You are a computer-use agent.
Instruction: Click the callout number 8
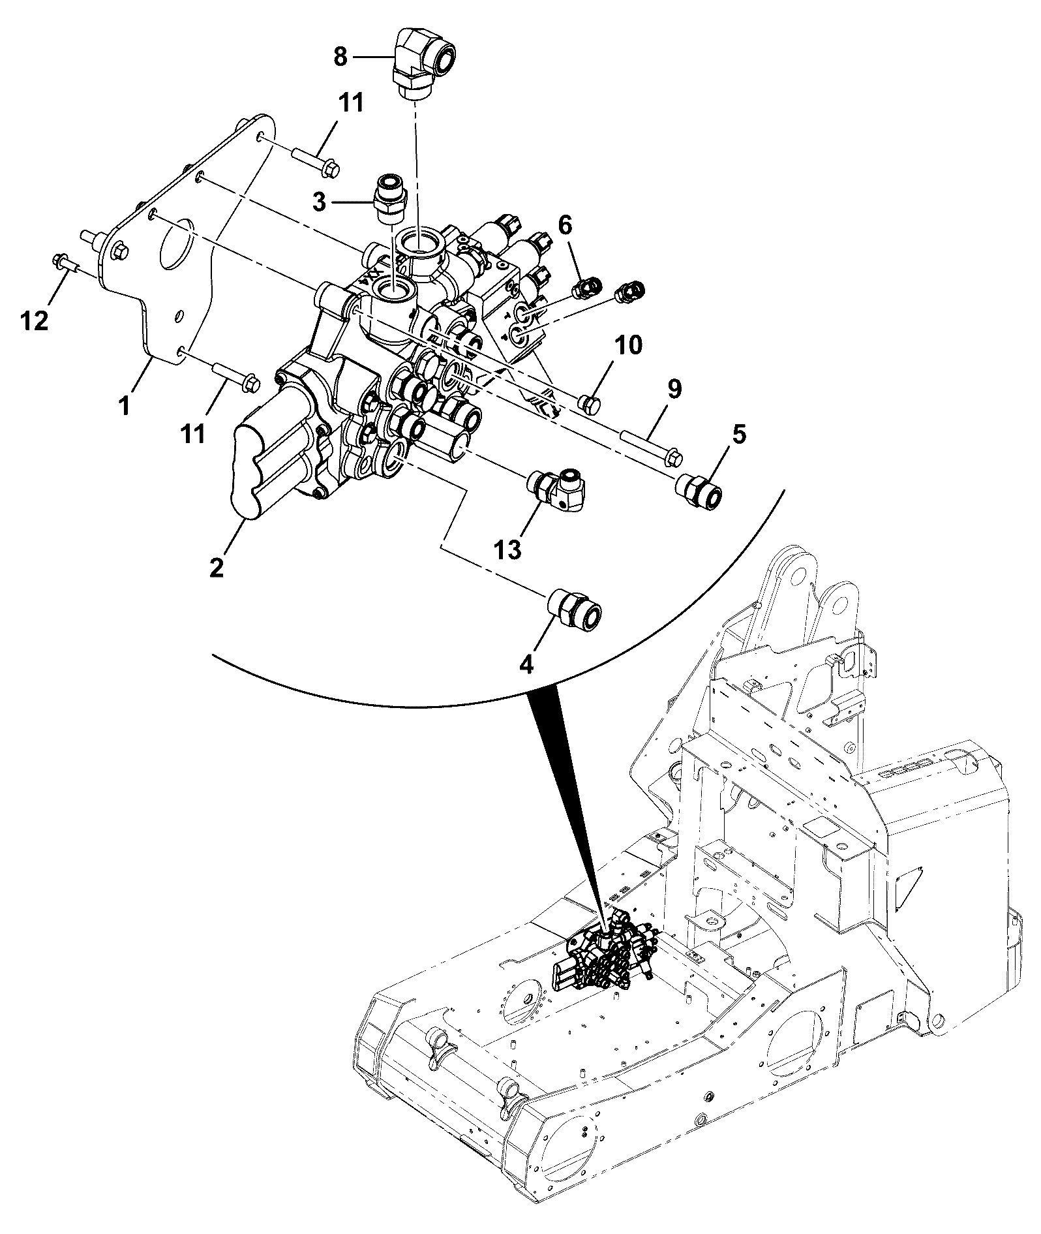click(340, 57)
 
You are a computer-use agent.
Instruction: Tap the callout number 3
click(319, 202)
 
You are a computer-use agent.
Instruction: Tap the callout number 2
click(217, 565)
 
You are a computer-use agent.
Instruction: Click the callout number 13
click(507, 549)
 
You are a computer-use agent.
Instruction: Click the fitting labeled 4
click(574, 609)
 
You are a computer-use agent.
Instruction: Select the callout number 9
click(674, 390)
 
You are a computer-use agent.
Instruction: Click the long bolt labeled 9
click(653, 448)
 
